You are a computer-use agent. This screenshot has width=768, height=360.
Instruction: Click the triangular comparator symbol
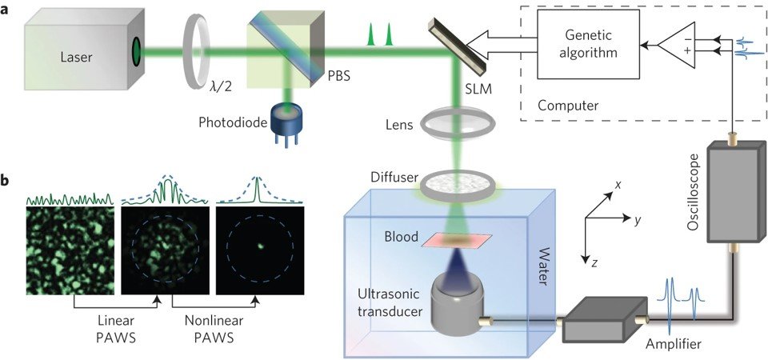[x=677, y=49]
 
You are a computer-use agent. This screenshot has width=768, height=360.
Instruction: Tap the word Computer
[x=567, y=106]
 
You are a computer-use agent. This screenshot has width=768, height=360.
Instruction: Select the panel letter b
[x=7, y=182]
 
